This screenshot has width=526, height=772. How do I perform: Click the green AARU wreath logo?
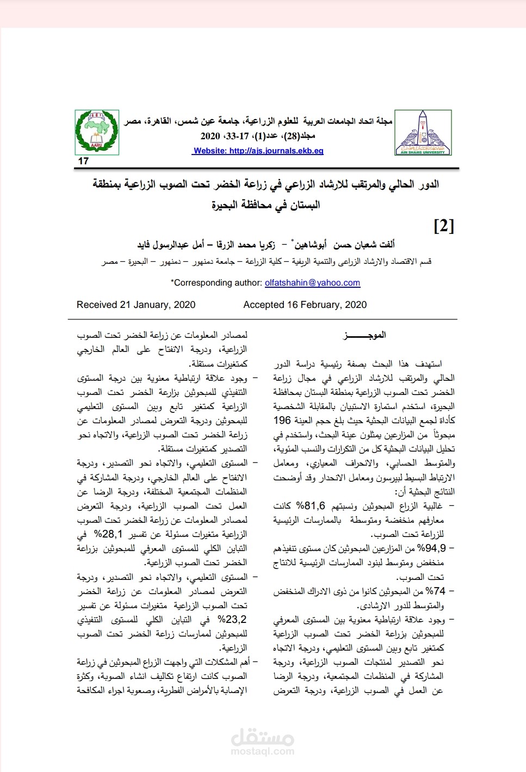(97, 132)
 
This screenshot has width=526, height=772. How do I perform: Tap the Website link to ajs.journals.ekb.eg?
(258, 151)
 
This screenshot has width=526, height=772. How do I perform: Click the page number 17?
(83, 161)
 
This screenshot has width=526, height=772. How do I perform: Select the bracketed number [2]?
(443, 225)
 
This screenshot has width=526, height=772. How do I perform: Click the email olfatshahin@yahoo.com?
(312, 283)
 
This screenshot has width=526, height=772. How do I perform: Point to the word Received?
(97, 305)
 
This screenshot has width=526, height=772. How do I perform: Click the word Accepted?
(264, 305)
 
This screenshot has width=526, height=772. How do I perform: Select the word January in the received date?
(152, 305)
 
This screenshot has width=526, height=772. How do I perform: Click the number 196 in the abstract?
(282, 421)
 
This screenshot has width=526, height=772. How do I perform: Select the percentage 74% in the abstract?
(435, 591)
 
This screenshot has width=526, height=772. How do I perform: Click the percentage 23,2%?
(232, 620)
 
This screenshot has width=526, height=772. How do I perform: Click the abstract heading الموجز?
(364, 335)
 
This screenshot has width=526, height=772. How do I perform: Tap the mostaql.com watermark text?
(263, 751)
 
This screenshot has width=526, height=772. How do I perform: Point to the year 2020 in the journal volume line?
(211, 136)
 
